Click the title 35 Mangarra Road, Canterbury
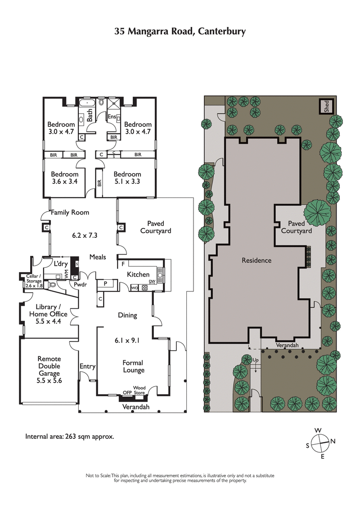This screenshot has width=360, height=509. point(180,31)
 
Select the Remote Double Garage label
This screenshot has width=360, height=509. point(49,370)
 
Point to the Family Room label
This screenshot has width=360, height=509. point(70,212)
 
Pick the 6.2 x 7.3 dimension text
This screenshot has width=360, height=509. point(85,235)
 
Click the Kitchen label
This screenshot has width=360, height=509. point(138,274)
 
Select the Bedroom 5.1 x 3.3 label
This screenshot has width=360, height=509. point(127,178)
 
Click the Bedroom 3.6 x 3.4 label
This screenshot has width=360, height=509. point(64,178)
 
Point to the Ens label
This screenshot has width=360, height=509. point(112,117)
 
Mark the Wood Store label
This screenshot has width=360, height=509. point(139,390)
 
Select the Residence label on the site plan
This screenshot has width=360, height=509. point(256,260)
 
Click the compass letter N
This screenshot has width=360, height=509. point(333,441)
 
